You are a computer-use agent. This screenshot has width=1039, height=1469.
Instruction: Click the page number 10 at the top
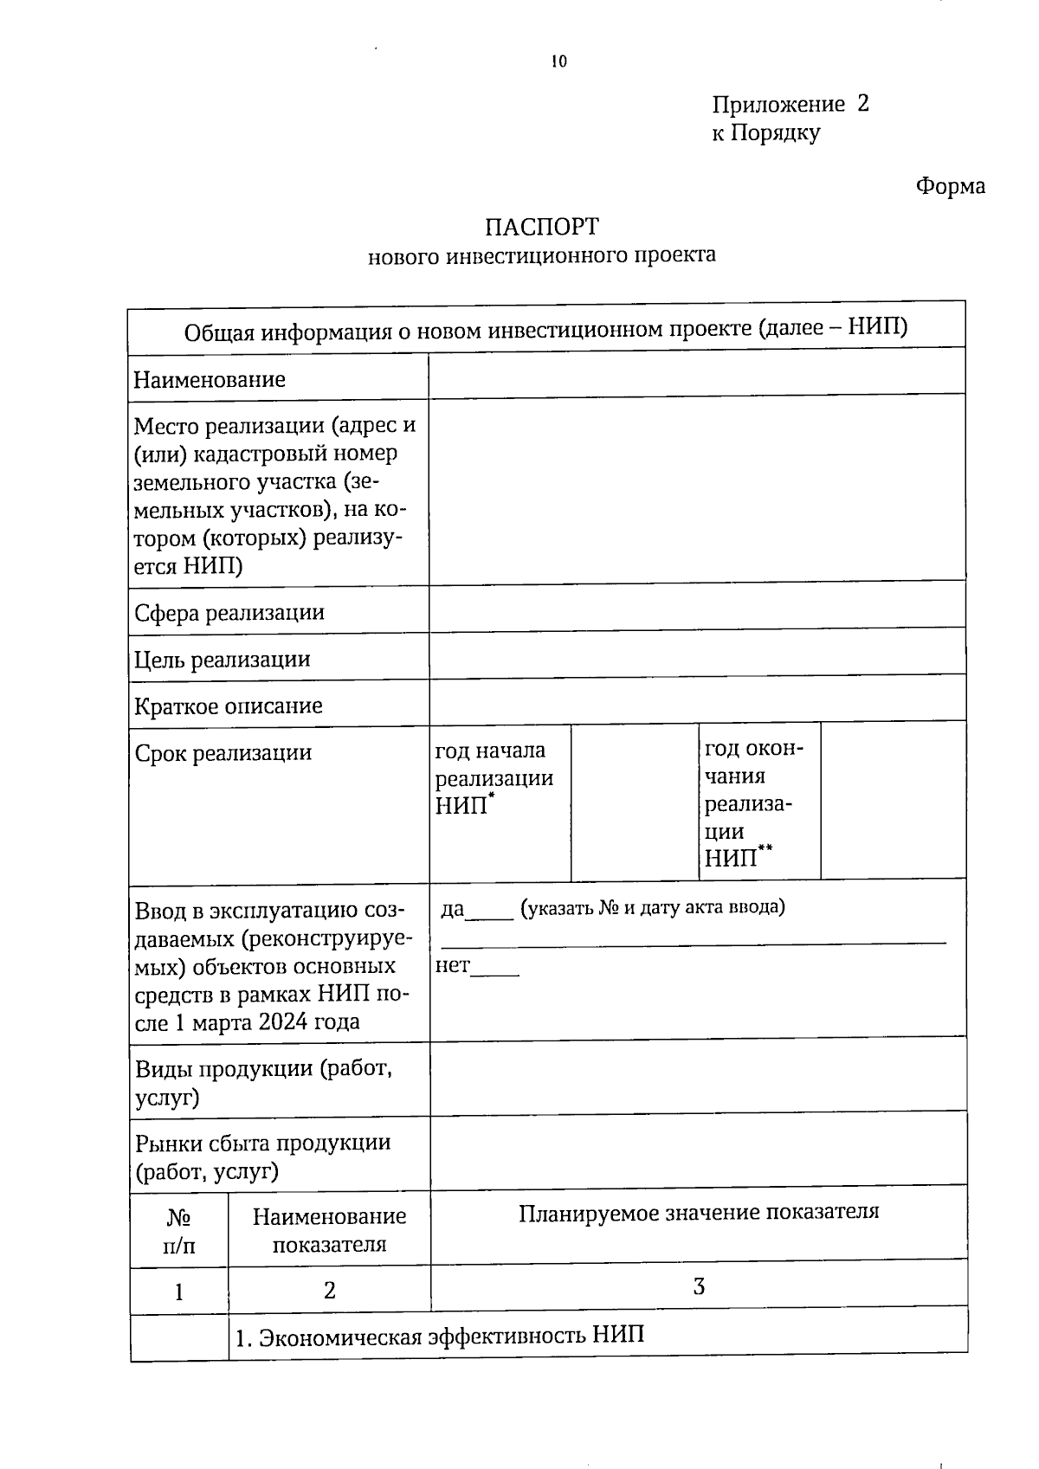coord(558,61)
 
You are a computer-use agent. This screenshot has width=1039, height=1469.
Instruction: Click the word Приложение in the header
coord(778,105)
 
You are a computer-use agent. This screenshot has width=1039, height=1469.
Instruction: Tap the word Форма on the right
coord(950,186)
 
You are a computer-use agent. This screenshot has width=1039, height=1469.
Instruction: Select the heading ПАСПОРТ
coord(542,227)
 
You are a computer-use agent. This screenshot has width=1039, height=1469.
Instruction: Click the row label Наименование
coord(210,379)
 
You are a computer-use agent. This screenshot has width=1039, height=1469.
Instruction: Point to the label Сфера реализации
coord(229,613)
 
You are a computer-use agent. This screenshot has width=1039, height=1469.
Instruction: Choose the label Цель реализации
coord(223,660)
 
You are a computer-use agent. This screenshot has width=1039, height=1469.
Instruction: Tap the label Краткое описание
coord(229,706)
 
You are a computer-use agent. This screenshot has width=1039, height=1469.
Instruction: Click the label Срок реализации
coord(223,752)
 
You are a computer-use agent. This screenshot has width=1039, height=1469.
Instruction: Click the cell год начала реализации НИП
coord(494,777)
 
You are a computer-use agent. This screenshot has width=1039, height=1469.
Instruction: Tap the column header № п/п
coord(178,1231)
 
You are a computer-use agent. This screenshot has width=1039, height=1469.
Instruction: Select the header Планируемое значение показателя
coord(698,1211)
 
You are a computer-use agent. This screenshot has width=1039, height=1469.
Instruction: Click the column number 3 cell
coord(698,1286)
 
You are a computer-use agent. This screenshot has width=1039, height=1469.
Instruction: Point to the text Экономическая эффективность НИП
coord(441,1336)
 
